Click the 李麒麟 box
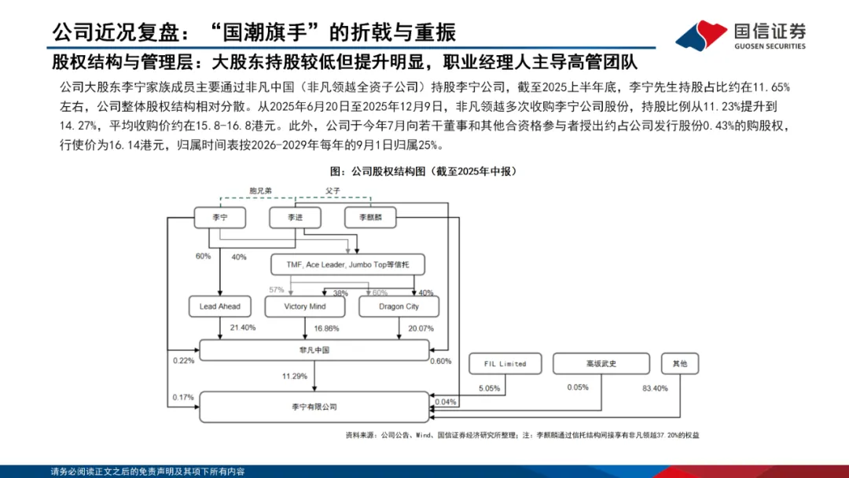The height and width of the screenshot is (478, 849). click(370, 218)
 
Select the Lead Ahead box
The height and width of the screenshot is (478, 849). click(220, 306)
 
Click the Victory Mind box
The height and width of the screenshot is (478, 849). click(306, 306)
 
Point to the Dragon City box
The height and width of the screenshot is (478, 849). click(399, 306)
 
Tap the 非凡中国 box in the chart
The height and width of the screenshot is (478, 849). click(314, 350)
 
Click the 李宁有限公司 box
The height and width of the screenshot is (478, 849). click(314, 406)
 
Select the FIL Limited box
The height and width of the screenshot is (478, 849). click(503, 363)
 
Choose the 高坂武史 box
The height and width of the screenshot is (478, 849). click(601, 363)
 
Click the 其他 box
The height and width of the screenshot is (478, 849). click(679, 363)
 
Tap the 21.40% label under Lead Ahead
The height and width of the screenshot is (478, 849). click(242, 328)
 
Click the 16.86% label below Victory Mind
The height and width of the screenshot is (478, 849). click(326, 328)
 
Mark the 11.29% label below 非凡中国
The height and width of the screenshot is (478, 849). click(296, 377)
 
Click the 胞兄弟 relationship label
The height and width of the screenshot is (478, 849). click(259, 190)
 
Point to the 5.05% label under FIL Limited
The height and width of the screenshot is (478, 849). click(490, 388)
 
